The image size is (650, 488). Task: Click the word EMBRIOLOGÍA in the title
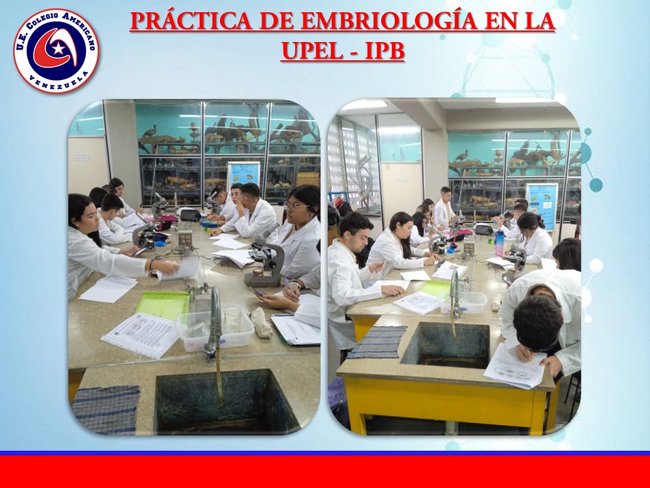pos(389,21)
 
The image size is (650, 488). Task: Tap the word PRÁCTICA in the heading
pos(191,21)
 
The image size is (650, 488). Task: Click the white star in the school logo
pos(58,49)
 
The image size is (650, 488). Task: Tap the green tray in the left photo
pos(163,304)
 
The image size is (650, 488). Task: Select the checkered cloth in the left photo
pos(106,410)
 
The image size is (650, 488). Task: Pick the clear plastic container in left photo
pos(215,330)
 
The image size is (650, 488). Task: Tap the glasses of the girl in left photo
pos(295,206)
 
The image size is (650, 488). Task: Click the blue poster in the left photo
pos(243,174)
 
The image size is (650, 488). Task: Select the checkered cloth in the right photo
pos(378,342)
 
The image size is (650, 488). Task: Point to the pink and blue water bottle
pos(500,243)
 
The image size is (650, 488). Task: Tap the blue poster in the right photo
pos(542,206)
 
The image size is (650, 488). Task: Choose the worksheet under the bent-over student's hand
pos(514,366)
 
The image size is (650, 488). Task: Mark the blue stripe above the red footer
pos(325,453)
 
